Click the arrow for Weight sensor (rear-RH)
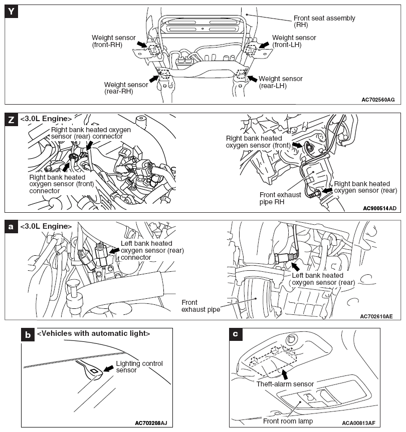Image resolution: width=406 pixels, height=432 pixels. pyautogui.click(x=153, y=78)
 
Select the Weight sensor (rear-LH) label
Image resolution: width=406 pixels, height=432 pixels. pyautogui.click(x=280, y=82)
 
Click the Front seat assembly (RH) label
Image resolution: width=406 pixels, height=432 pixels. pyautogui.click(x=324, y=22)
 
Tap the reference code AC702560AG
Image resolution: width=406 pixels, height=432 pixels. pyautogui.click(x=378, y=100)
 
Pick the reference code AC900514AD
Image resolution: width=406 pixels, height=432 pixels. pyautogui.click(x=378, y=207)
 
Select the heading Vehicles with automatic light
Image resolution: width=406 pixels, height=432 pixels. pyautogui.click(x=94, y=333)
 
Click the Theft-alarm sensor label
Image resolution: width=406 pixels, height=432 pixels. pyautogui.click(x=285, y=384)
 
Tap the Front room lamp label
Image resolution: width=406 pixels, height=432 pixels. pyautogui.click(x=291, y=421)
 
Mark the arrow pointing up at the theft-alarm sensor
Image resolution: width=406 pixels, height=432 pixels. pyautogui.click(x=285, y=373)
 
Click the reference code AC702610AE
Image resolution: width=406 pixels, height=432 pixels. pyautogui.click(x=376, y=316)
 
